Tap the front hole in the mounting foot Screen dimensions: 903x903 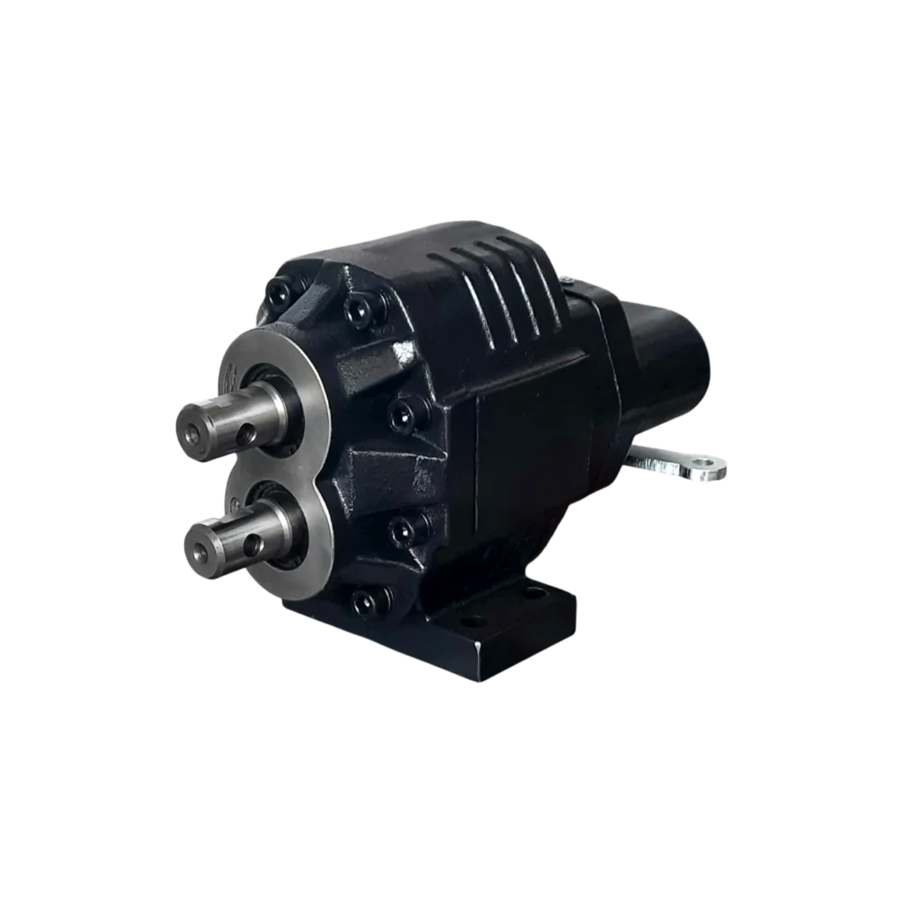tap(473, 621)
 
